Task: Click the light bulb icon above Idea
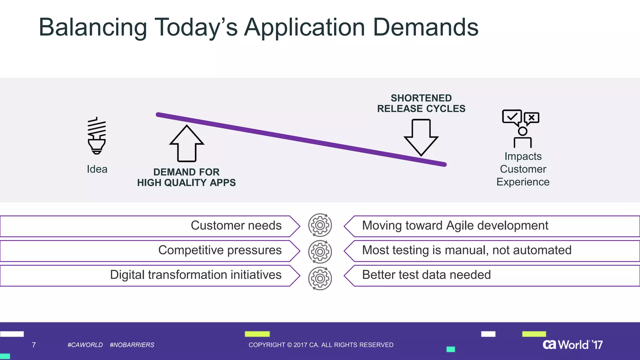(x=97, y=136)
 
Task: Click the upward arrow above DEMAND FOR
(x=187, y=144)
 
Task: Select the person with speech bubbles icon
(x=521, y=129)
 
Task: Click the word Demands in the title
(x=425, y=27)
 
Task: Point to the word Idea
(x=97, y=169)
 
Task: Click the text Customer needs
(x=236, y=225)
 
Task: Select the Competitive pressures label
(x=220, y=250)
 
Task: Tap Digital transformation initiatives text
(x=196, y=275)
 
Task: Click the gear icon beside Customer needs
(x=320, y=225)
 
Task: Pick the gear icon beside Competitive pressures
(x=320, y=252)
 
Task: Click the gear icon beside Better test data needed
(x=320, y=278)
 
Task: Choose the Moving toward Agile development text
(x=455, y=225)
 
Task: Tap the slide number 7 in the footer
(x=34, y=345)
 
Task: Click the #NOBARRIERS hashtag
(x=132, y=345)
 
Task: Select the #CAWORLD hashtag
(x=85, y=345)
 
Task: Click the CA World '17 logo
(x=572, y=344)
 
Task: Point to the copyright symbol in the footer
(x=289, y=345)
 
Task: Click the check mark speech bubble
(x=512, y=117)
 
